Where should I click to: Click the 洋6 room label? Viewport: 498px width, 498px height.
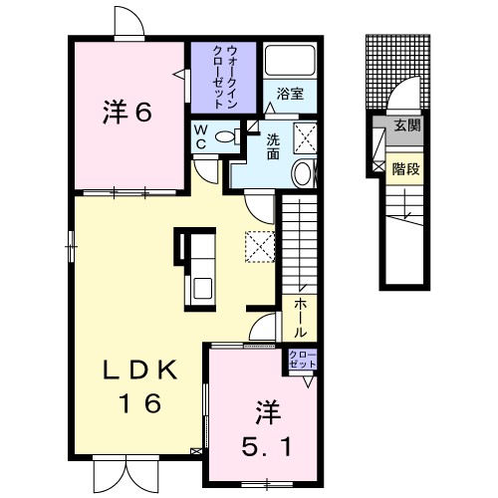pyautogui.click(x=127, y=112)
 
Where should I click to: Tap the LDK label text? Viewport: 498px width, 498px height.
pyautogui.click(x=140, y=371)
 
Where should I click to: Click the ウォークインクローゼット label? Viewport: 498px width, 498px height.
pyautogui.click(x=225, y=78)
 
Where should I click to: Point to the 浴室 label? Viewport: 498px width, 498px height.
pyautogui.click(x=290, y=94)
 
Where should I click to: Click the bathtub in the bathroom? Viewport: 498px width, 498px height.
pyautogui.click(x=290, y=61)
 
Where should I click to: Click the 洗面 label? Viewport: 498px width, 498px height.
pyautogui.click(x=273, y=147)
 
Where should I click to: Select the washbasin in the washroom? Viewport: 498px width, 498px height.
pyautogui.click(x=303, y=173)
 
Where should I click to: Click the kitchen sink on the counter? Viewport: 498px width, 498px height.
pyautogui.click(x=202, y=288)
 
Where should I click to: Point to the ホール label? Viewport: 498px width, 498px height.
pyautogui.click(x=300, y=317)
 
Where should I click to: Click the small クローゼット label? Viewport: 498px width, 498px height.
pyautogui.click(x=303, y=359)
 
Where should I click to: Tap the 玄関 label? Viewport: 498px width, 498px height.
pyautogui.click(x=407, y=125)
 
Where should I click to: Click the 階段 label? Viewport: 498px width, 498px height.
pyautogui.click(x=405, y=169)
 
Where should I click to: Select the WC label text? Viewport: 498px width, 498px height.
pyautogui.click(x=200, y=136)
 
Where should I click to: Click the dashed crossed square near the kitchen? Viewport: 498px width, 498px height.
pyautogui.click(x=260, y=247)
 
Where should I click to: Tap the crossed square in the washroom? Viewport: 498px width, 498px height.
pyautogui.click(x=305, y=138)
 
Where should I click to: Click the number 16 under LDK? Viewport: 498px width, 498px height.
pyautogui.click(x=140, y=402)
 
